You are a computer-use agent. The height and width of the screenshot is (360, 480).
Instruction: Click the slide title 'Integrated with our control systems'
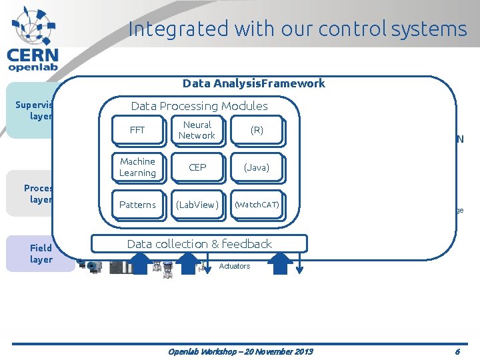click(297, 29)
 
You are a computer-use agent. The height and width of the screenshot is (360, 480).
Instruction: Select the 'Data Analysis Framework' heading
click(254, 83)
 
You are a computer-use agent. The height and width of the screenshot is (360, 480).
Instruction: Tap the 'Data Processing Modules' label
click(199, 106)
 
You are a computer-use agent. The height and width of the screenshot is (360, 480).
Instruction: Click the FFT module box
click(137, 130)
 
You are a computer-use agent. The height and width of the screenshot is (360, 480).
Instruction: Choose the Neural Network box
click(197, 130)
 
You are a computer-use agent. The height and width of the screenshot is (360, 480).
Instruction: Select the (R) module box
click(257, 130)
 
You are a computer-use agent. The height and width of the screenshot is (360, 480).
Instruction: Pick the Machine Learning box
click(137, 167)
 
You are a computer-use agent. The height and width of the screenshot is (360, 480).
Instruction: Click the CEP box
click(197, 167)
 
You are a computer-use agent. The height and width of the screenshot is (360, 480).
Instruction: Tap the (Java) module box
click(257, 167)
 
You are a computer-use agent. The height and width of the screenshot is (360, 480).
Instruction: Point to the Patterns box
click(137, 205)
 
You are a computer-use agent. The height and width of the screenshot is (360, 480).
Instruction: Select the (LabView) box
click(197, 205)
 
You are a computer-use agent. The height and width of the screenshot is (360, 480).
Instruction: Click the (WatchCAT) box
click(257, 205)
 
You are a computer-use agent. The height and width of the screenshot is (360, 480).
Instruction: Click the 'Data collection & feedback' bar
click(199, 244)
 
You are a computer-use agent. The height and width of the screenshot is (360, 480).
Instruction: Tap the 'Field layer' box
click(40, 254)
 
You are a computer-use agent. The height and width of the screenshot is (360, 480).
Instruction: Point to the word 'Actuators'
click(235, 266)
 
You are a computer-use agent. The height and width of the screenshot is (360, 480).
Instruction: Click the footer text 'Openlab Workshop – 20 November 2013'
click(240, 351)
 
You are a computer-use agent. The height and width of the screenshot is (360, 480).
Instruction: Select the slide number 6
click(457, 351)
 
